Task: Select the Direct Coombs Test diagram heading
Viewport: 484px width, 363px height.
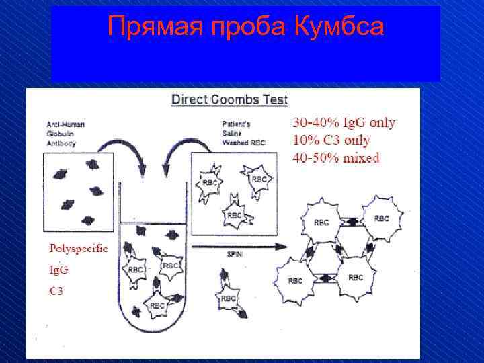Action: coord(229,100)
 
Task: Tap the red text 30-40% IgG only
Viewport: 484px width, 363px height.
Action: coord(344,123)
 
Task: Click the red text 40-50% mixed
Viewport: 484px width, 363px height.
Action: coord(336,158)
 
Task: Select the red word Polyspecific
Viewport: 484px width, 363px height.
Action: coord(78,248)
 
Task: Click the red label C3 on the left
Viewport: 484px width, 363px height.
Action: coord(56,291)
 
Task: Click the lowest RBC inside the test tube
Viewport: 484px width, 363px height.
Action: coord(157,305)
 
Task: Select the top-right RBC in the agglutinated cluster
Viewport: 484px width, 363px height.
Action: coord(380,218)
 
